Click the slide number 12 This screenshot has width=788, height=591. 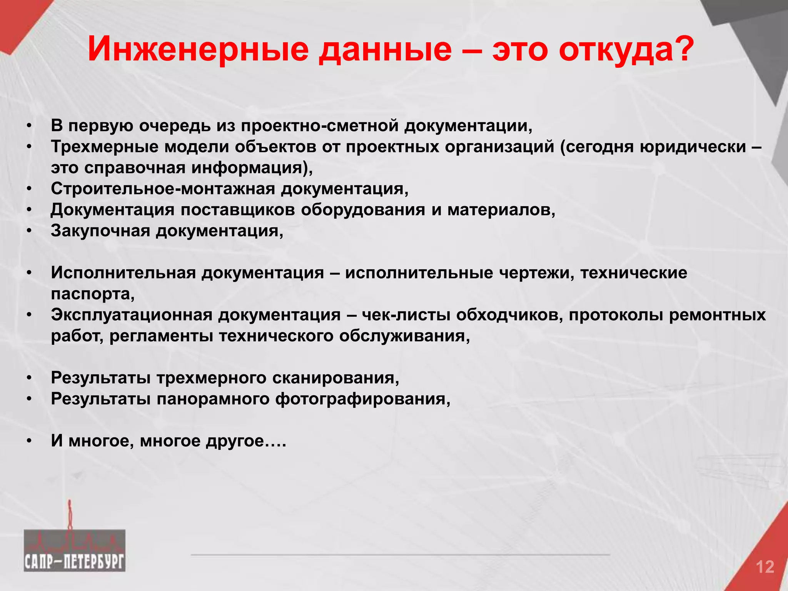click(765, 567)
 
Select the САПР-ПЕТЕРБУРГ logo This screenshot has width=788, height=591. click(74, 550)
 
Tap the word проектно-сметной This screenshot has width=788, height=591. click(319, 126)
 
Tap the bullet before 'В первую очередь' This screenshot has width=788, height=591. click(29, 127)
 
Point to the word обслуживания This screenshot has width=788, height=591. click(404, 336)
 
